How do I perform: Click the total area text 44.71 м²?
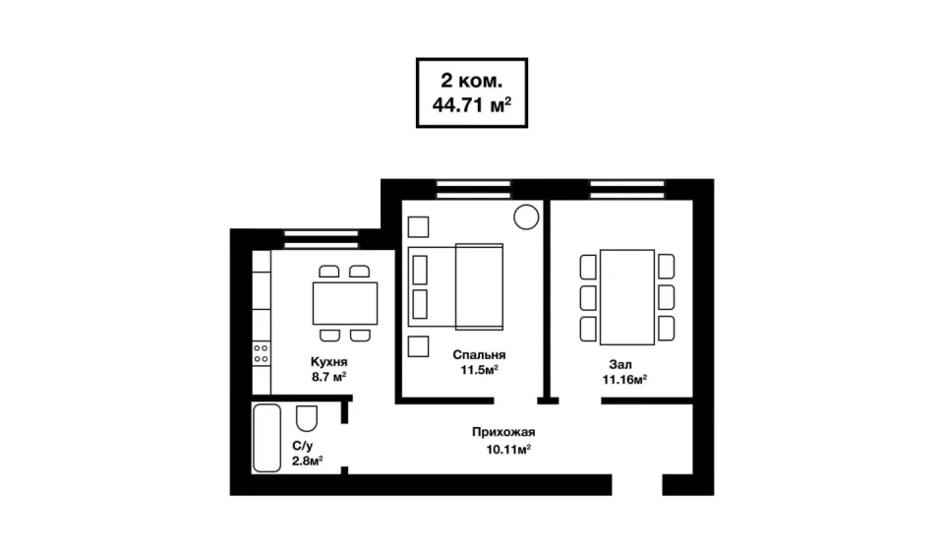coord(471,105)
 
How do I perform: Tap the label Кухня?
coord(328,361)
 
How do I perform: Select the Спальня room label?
coord(479,355)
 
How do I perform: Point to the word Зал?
coord(620,364)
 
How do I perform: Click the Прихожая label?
coord(503,432)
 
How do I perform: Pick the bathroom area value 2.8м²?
coord(308,461)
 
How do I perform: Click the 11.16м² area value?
coord(625,379)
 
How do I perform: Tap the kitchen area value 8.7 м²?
coord(328,377)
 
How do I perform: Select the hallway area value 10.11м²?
coord(508,449)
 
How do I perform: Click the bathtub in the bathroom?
coord(266,438)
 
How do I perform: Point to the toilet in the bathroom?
coord(307,417)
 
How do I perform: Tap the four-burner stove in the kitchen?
coord(262,353)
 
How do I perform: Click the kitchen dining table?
coord(345,303)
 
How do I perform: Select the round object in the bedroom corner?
coord(526,216)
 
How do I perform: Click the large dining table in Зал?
coord(626,297)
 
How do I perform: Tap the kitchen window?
coord(321,239)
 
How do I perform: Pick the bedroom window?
coord(473,189)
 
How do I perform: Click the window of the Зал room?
coord(627,189)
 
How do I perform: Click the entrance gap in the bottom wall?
coord(637,484)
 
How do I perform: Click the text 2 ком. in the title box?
coord(471,80)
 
